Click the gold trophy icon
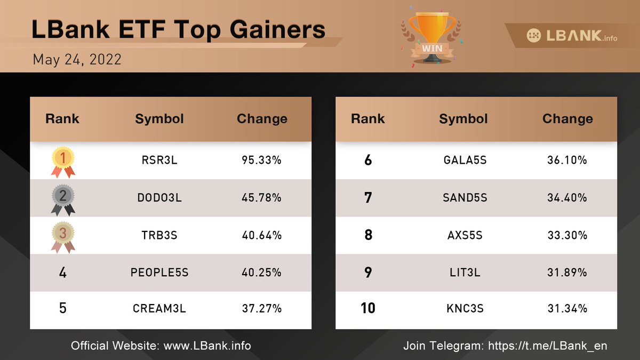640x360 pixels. [x=431, y=36]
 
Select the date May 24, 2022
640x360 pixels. [x=77, y=59]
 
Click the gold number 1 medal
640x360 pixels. [x=63, y=161]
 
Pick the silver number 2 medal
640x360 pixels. [x=63, y=198]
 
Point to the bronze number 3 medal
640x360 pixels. [x=63, y=236]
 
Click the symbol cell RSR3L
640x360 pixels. [x=159, y=160]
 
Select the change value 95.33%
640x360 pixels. [x=261, y=160]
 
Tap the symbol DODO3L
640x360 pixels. [x=159, y=198]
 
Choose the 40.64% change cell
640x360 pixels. [x=261, y=235]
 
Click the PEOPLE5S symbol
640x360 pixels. [x=159, y=273]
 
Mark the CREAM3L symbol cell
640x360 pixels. [x=159, y=308]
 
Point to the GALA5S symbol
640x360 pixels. [x=465, y=160]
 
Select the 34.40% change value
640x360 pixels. [x=567, y=198]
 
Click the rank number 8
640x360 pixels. [x=368, y=235]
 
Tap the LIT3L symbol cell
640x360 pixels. [x=465, y=273]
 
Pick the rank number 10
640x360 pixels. [x=368, y=308]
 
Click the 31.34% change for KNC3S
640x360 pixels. [x=567, y=308]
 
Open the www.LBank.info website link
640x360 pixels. [x=207, y=346]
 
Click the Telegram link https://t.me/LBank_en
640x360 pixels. [x=548, y=346]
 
